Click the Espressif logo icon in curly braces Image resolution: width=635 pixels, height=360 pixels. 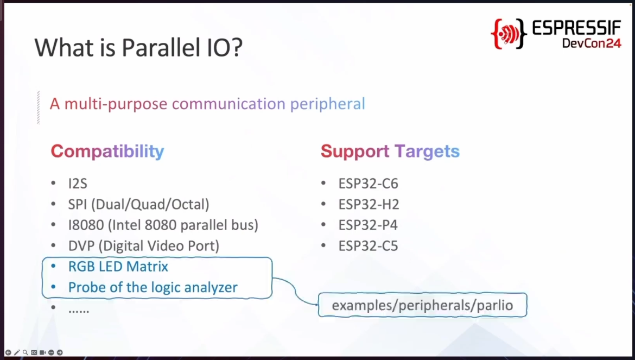pos(509,34)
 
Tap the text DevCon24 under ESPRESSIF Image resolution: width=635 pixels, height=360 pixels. pos(592,42)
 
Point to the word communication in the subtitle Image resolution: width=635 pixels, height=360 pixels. pos(229,104)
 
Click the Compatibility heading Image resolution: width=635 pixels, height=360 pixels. pos(107,151)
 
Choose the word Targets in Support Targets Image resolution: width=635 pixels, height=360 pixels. pos(427,151)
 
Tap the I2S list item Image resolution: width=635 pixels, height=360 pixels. pos(78,184)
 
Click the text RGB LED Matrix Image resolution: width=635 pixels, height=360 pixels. pos(118,267)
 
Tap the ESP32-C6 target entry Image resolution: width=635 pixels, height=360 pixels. pos(368,184)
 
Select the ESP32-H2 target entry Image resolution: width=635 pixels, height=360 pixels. pos(369,204)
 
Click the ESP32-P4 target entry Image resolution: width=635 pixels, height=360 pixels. pos(368,225)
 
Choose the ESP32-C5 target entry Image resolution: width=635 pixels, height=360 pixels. pos(368,246)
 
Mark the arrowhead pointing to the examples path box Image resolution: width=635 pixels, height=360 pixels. pos(316,304)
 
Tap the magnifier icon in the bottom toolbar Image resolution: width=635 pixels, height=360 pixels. pos(25,353)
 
